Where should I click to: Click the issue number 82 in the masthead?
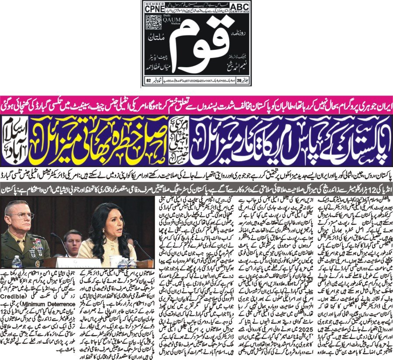[148, 80]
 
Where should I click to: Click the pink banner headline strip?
[196, 105]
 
